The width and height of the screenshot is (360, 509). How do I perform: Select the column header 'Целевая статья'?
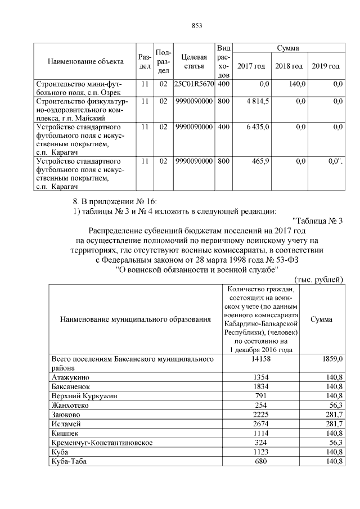coord(194,62)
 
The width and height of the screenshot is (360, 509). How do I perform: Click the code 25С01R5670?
coord(194,84)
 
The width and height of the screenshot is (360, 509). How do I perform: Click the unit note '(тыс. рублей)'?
coord(318,280)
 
